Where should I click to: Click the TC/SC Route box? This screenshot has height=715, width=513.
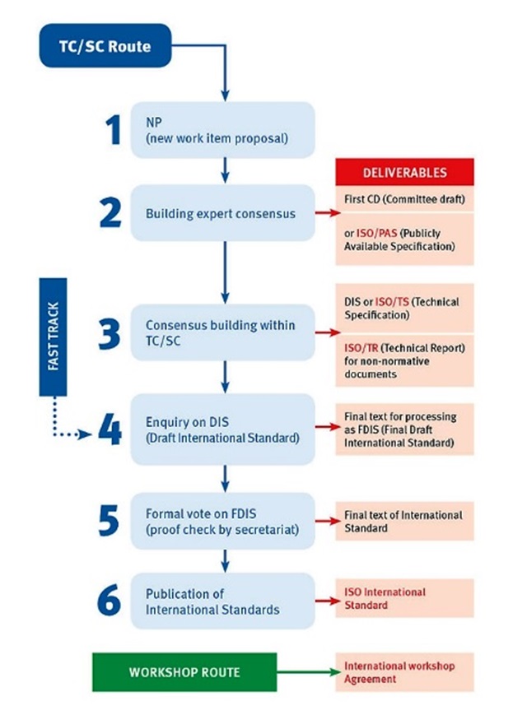(105, 45)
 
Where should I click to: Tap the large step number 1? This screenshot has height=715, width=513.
(113, 130)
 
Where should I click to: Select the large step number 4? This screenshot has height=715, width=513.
(110, 430)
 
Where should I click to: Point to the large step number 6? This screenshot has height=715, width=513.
(109, 600)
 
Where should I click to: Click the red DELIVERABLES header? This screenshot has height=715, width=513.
(405, 172)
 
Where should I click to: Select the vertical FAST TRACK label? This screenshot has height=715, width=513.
(53, 337)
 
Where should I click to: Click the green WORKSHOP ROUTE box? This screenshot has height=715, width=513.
(184, 672)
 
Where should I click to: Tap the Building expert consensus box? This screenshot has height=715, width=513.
(222, 213)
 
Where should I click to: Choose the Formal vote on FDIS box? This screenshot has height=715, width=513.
(222, 521)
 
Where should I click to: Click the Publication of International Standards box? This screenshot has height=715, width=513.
(222, 601)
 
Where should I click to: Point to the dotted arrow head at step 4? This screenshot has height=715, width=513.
(86, 434)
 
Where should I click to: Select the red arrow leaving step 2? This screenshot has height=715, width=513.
(328, 213)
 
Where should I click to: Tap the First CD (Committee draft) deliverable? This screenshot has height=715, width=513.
(405, 199)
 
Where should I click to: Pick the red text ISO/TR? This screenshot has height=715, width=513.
(361, 348)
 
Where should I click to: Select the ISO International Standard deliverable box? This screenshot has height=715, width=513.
(405, 598)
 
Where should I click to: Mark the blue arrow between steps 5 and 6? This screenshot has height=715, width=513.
(225, 561)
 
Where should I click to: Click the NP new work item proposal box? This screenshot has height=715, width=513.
(222, 130)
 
